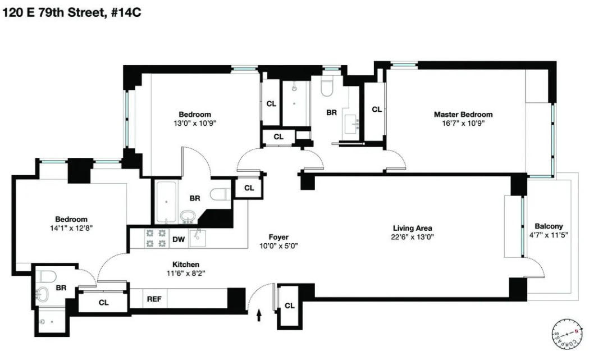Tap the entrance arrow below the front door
259,316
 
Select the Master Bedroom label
463,115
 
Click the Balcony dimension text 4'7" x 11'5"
549,235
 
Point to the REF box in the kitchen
154,299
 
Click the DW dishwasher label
179,240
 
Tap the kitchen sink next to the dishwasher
198,239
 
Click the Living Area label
412,228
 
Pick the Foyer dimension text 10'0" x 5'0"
278,246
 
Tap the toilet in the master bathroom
328,85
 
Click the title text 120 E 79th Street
51,12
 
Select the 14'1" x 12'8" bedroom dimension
71,229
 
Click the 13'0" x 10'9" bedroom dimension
195,124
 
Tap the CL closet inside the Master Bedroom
376,110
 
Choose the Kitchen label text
185,265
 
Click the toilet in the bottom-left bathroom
47,276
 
